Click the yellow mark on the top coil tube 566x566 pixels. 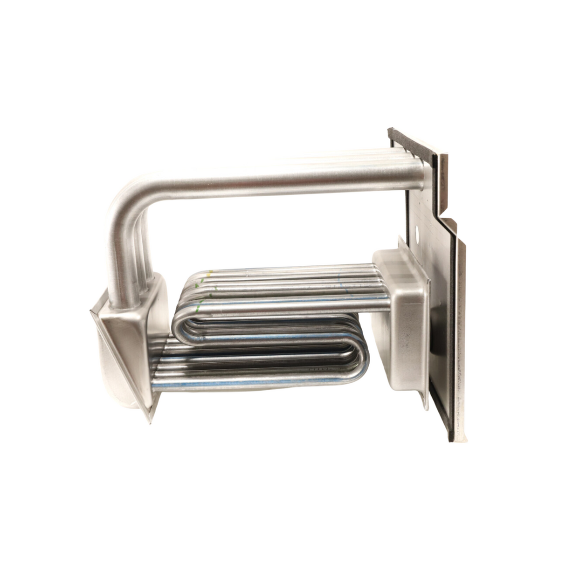211,271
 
